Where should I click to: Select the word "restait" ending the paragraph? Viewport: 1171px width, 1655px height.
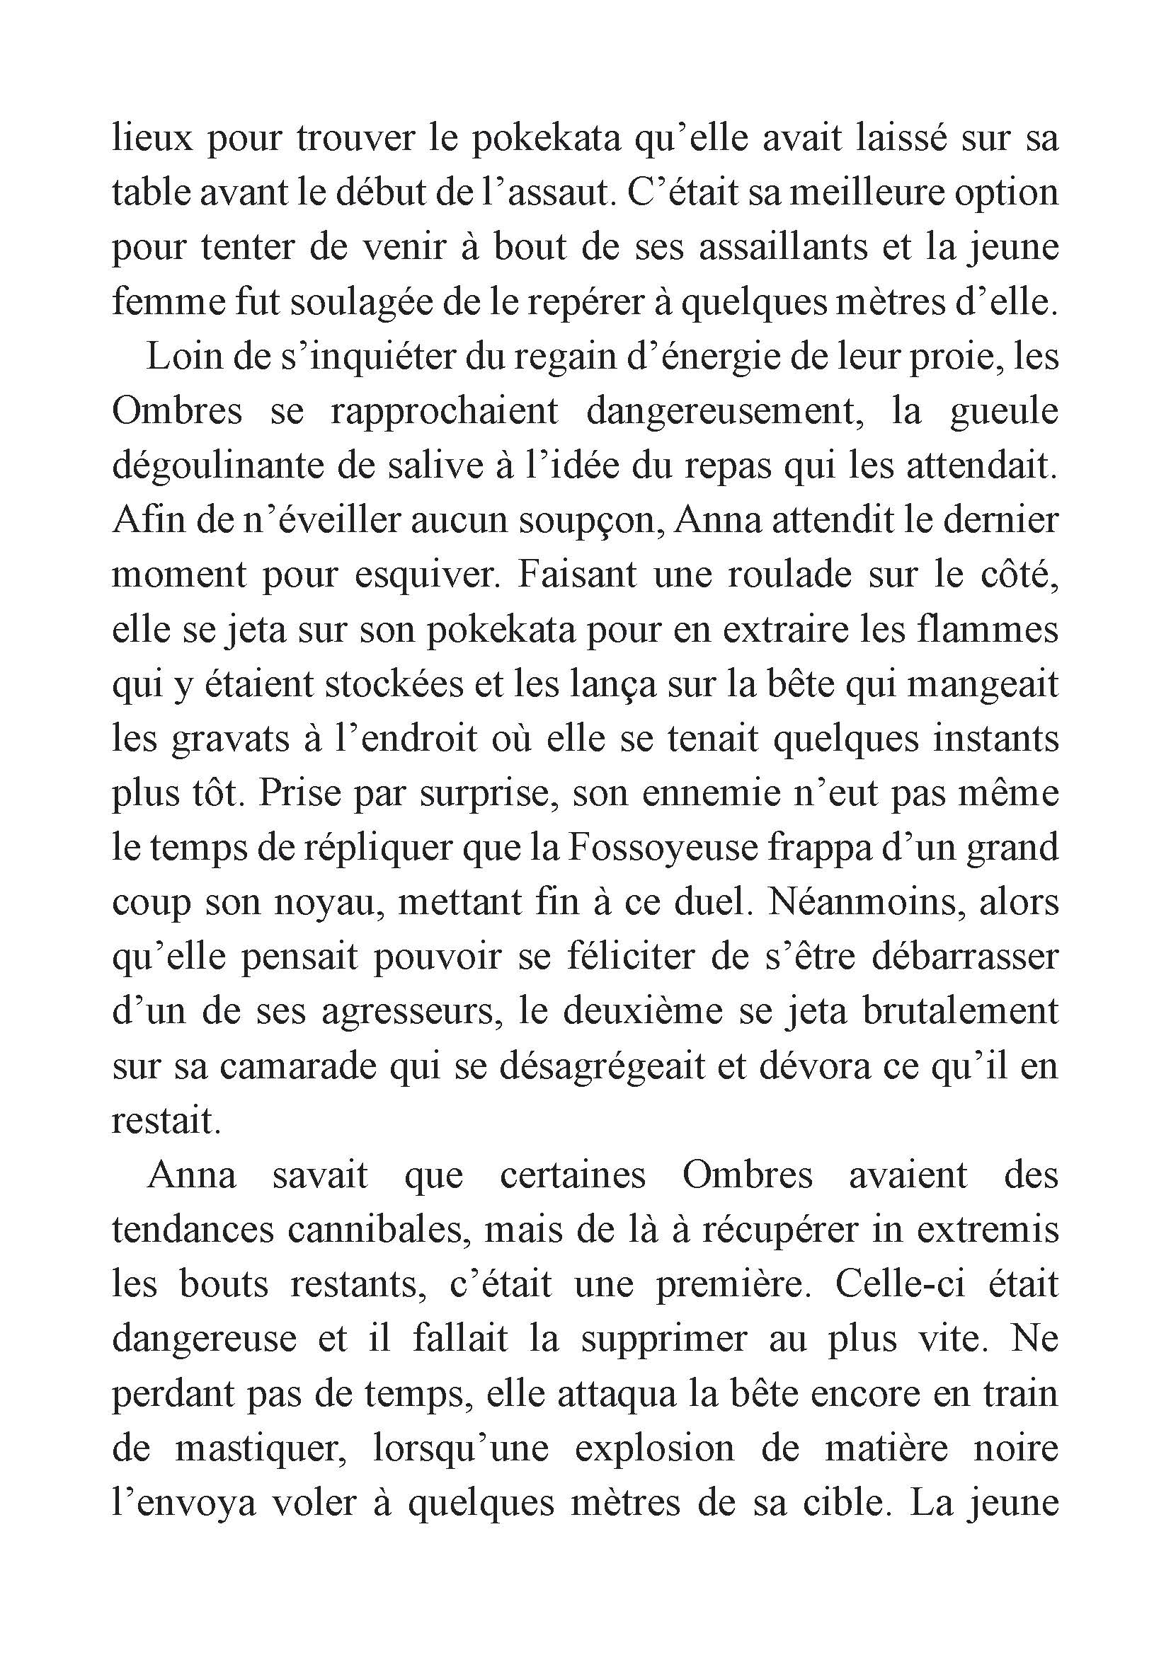pos(165,1122)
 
